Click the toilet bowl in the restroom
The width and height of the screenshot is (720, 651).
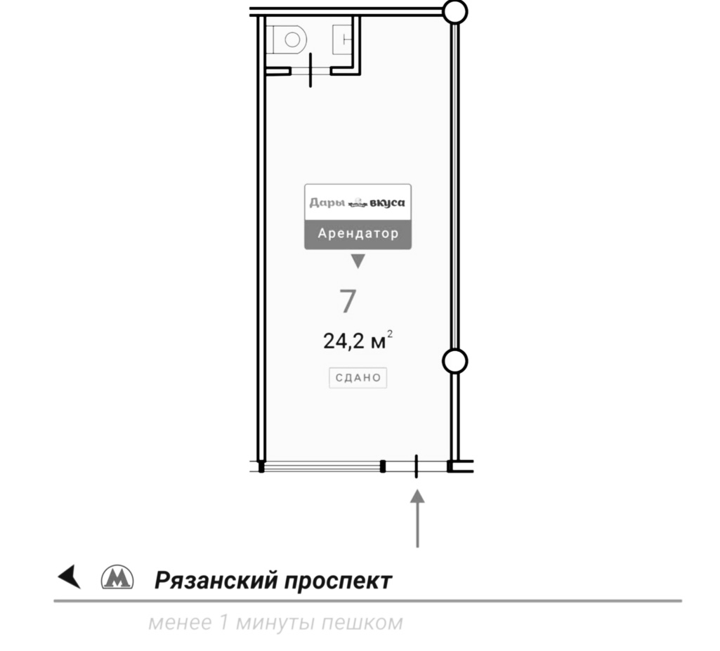289,39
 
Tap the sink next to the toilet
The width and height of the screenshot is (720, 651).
342,39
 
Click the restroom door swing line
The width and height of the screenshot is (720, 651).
310,70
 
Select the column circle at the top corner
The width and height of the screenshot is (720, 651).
455,11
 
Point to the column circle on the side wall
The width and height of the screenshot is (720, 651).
454,361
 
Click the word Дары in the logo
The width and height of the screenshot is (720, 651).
327,202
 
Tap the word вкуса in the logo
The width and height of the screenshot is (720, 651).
387,203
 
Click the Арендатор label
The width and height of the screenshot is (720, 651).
358,233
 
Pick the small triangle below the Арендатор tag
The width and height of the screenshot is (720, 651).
358,261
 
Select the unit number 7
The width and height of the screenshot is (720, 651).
348,301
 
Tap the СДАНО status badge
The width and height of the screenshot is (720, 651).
358,377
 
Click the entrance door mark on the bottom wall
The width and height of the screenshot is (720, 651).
416,466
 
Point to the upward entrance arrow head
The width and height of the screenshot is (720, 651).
417,496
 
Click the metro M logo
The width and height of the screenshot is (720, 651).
117,577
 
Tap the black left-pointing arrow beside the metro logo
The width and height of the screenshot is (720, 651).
70,576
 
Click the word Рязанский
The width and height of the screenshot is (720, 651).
216,580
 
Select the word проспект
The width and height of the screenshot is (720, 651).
338,581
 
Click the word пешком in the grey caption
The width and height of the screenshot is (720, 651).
362,623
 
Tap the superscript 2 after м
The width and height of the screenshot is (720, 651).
390,334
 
